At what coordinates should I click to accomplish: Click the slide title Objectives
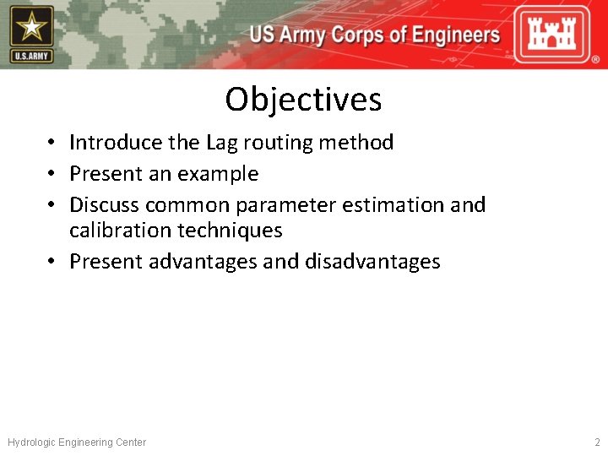[303, 100]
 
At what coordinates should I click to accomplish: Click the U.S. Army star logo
[32, 34]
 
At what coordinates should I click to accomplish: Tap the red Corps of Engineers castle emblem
[554, 34]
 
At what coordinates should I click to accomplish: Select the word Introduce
[116, 143]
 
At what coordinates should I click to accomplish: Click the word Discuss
[105, 205]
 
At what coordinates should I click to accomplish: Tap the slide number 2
[596, 442]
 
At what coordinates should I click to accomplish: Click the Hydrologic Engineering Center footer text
[77, 442]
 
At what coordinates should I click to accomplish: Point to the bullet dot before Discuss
[52, 206]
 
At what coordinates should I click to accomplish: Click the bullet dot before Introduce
[52, 144]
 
